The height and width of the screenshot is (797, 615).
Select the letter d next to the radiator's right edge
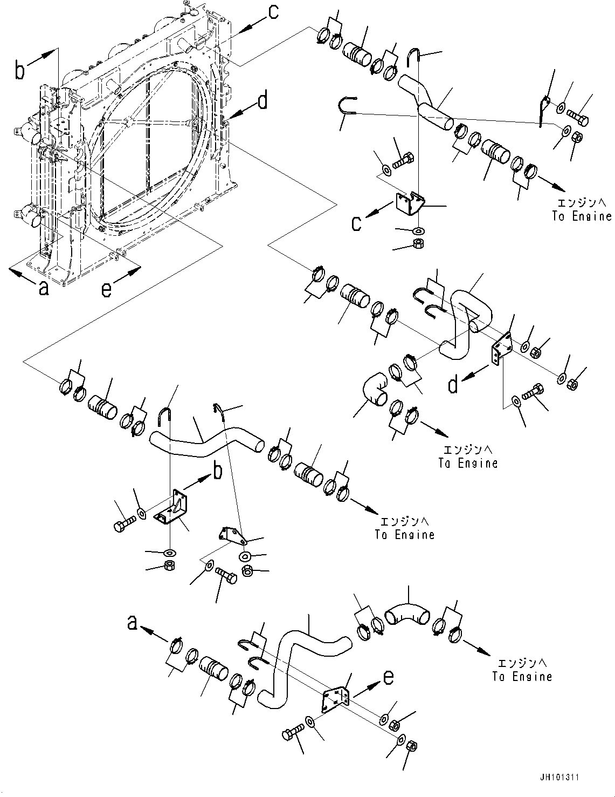[262, 101]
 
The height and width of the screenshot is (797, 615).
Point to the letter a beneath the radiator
[43, 289]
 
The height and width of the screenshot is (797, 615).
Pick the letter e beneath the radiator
[107, 290]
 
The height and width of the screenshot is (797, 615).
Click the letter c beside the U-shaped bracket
[356, 223]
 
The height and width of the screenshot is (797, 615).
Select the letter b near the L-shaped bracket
[217, 471]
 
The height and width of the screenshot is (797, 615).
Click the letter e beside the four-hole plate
[388, 676]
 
